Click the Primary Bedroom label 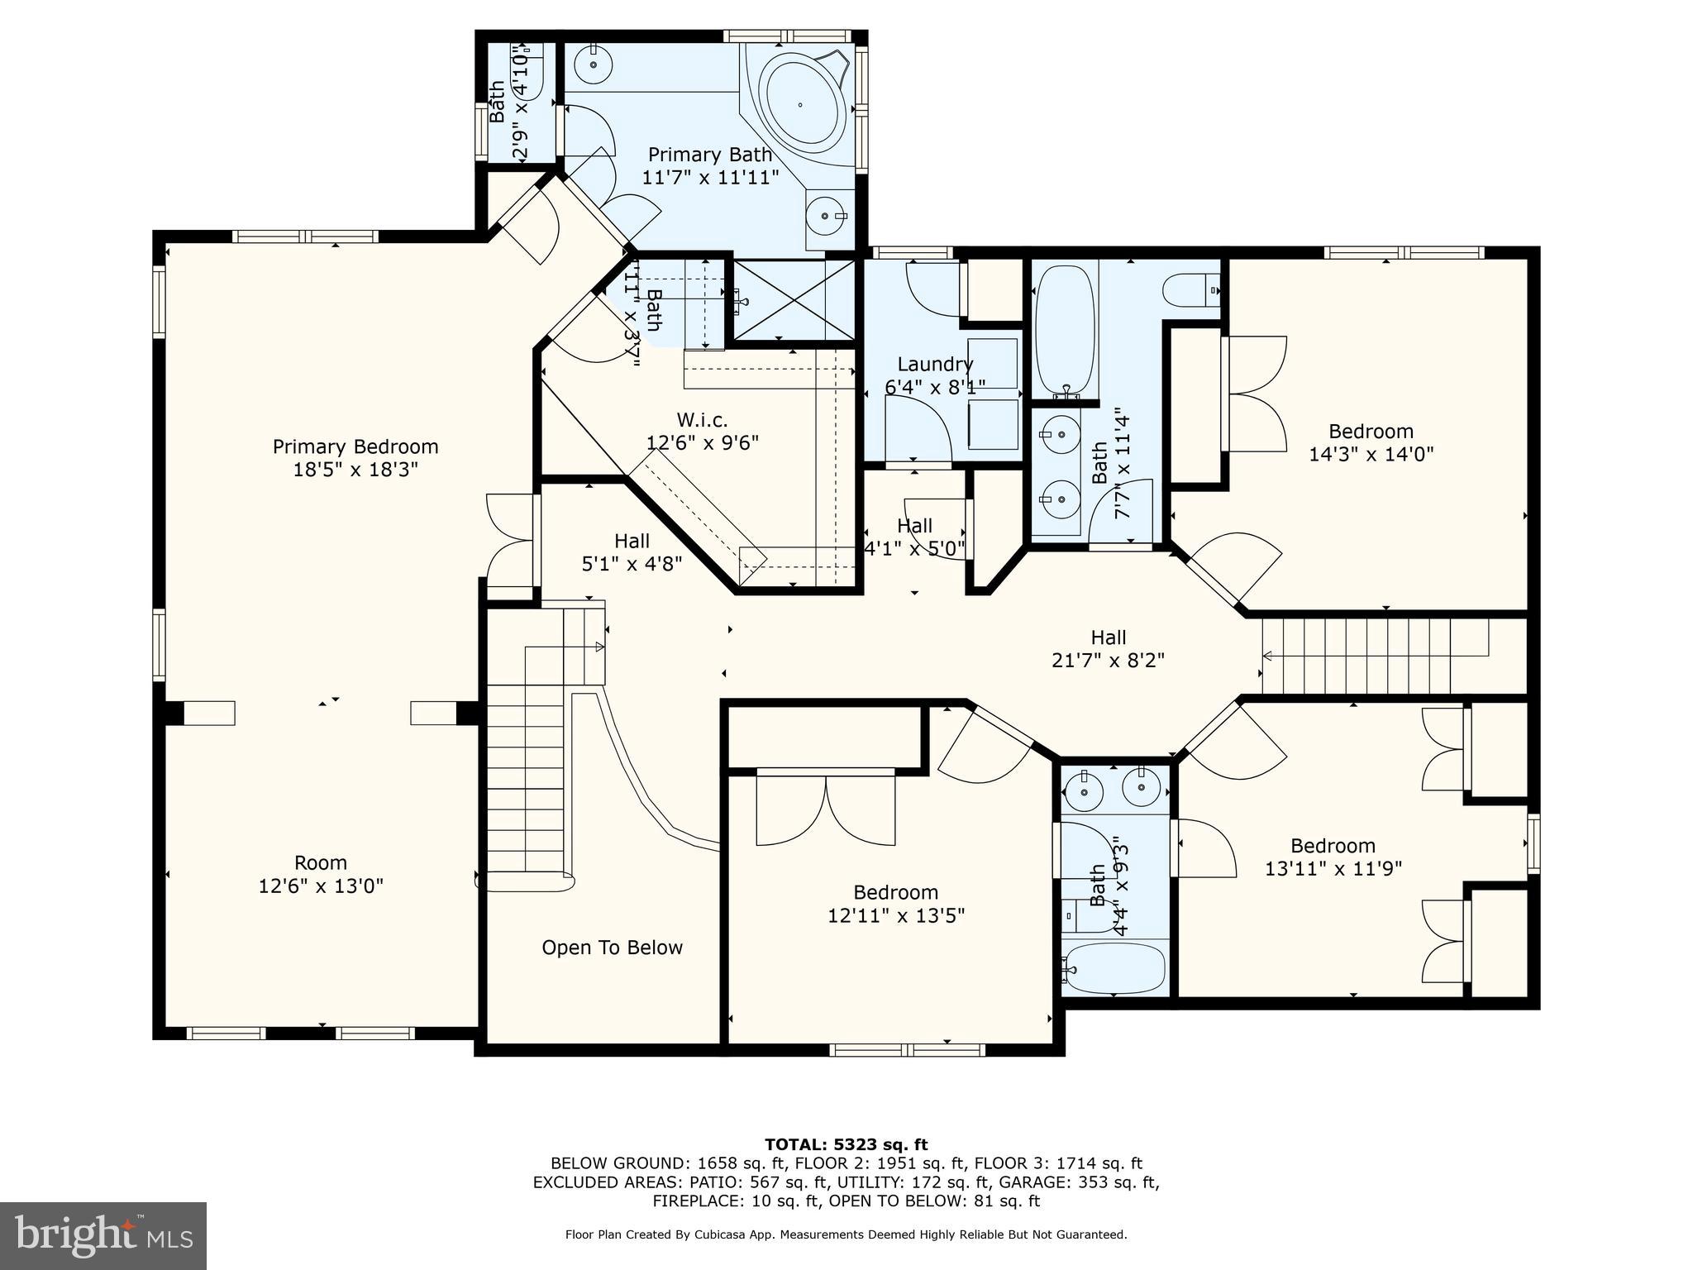355,447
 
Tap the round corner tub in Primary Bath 800,103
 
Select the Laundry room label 935,364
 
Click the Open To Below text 612,948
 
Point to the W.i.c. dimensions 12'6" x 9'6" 702,443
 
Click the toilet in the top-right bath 1190,290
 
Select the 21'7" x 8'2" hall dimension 1108,661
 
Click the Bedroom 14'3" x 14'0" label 1371,432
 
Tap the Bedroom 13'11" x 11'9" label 1333,846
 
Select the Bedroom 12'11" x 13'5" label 895,893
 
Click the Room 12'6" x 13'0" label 321,863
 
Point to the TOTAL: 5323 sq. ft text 846,1145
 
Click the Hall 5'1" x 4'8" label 632,542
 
